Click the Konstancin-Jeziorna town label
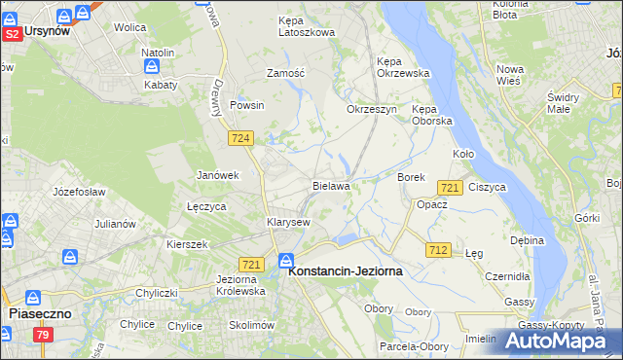click(x=347, y=274)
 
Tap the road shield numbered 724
click(x=242, y=139)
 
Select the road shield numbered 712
click(x=438, y=250)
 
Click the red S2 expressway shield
click(x=12, y=33)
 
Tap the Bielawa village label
click(x=331, y=185)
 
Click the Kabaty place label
click(x=161, y=85)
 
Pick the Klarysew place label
click(x=288, y=222)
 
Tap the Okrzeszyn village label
click(x=372, y=109)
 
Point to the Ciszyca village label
click(x=487, y=186)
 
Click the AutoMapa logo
click(x=564, y=341)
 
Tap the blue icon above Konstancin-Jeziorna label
click(x=286, y=260)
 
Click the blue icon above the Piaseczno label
click(x=33, y=298)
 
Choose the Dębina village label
click(x=527, y=239)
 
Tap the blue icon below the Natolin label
click(x=153, y=66)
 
